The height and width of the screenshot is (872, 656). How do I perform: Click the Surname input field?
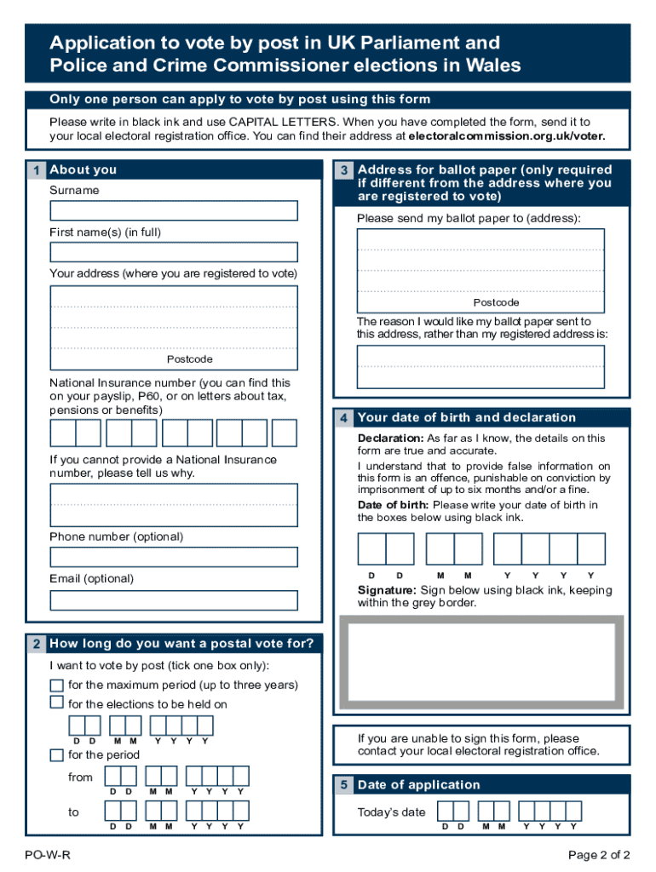click(174, 210)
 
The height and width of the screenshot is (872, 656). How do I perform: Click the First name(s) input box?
click(174, 252)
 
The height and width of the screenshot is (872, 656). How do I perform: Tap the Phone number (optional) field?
click(174, 557)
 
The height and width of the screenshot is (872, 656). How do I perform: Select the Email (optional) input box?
click(174, 599)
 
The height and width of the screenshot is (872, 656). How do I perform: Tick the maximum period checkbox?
click(56, 686)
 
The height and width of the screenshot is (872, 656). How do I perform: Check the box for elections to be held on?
click(56, 703)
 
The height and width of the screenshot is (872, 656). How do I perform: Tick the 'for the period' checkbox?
click(56, 755)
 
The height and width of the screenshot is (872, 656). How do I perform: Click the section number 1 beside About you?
click(36, 170)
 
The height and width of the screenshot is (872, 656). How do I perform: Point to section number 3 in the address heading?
click(344, 170)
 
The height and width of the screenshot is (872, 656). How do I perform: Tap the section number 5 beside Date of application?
click(344, 785)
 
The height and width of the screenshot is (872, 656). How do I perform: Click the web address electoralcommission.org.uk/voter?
click(507, 135)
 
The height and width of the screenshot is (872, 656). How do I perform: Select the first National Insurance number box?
click(63, 433)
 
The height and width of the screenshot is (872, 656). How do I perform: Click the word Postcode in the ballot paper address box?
click(496, 303)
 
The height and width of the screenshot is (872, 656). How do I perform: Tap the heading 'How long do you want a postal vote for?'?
click(181, 644)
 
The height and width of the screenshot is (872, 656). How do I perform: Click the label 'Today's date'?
click(391, 812)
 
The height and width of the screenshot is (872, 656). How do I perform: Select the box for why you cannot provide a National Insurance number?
click(174, 505)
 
